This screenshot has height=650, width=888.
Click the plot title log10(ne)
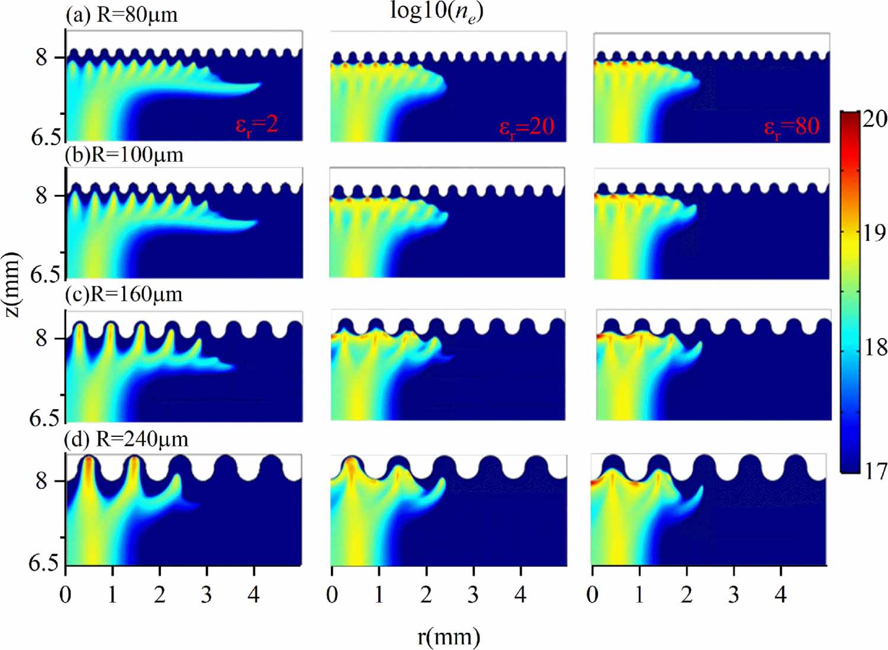tap(437, 12)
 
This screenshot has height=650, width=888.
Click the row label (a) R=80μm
tap(121, 14)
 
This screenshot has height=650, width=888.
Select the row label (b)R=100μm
tap(124, 155)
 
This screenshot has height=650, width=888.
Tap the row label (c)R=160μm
tap(124, 294)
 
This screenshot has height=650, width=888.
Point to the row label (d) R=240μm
tap(127, 439)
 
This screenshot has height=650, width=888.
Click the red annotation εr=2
tap(256, 126)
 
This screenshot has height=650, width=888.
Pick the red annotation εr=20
tap(526, 127)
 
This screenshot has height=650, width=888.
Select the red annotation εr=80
tap(792, 127)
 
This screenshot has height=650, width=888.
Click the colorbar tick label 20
tap(874, 119)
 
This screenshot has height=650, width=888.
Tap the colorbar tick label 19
tap(874, 233)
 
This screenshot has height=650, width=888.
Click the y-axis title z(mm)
tap(12, 284)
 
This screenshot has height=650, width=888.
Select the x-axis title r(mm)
tap(448, 637)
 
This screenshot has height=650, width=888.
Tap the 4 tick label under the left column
tap(254, 594)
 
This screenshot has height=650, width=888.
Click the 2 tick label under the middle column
tap(426, 594)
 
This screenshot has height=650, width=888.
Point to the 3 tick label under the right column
tap(733, 594)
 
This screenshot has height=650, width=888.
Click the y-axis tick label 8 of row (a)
tap(41, 57)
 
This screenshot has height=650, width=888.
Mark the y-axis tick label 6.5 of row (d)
tap(44, 562)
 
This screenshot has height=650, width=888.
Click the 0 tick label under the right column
tap(593, 594)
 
